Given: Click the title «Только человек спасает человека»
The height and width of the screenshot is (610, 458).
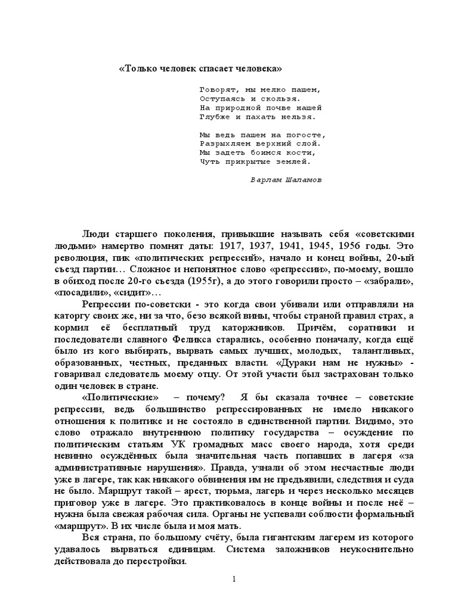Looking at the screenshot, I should tap(200, 69).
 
